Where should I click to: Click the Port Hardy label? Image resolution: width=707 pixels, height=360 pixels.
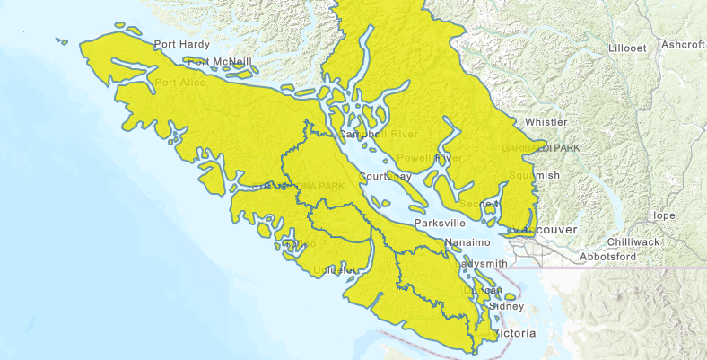(182, 44)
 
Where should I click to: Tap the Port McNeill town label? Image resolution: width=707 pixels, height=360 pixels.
(220, 62)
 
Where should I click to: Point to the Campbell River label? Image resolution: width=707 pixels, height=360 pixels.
(369, 135)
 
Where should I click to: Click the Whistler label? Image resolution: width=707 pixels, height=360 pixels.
(546, 121)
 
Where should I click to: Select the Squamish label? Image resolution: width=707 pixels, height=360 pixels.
(533, 174)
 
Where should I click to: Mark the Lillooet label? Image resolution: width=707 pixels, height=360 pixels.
(626, 48)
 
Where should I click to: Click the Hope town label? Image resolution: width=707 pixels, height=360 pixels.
(661, 215)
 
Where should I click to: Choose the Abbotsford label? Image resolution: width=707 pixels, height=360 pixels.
(607, 257)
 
